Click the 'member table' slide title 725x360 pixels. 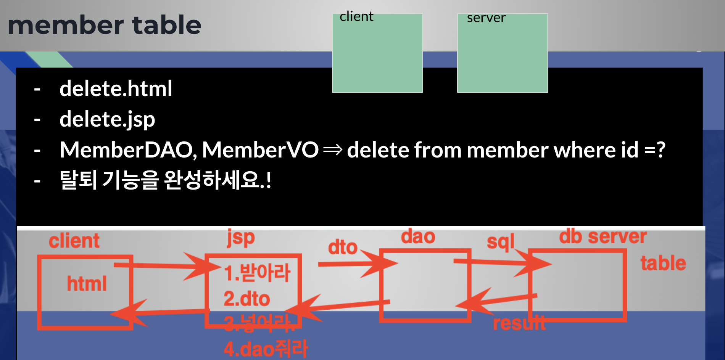click(x=104, y=26)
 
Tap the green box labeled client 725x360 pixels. click(x=377, y=53)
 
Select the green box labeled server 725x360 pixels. click(x=502, y=53)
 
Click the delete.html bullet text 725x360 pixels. click(x=116, y=89)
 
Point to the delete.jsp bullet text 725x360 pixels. click(x=107, y=119)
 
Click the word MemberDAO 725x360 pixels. click(x=128, y=150)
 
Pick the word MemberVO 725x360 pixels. click(x=260, y=150)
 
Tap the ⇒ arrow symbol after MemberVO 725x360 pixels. click(x=332, y=150)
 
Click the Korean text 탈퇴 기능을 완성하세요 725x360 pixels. click(x=165, y=180)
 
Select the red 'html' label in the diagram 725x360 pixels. click(x=87, y=284)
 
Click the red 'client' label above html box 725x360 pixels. click(x=74, y=241)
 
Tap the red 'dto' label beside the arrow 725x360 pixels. click(x=342, y=247)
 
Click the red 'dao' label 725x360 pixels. click(x=418, y=237)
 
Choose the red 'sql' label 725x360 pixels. click(x=500, y=242)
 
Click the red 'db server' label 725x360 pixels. click(x=603, y=237)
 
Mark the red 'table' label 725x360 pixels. click(x=663, y=264)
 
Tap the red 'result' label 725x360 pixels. click(x=519, y=323)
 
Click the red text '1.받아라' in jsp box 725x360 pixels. click(x=257, y=273)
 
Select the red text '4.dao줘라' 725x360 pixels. click(x=266, y=349)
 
